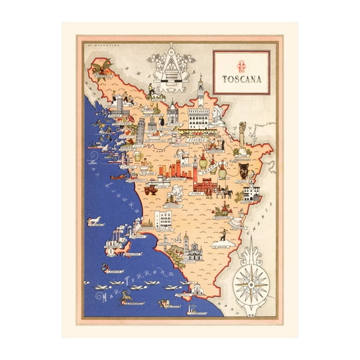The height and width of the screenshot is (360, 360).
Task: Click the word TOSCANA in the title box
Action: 241,79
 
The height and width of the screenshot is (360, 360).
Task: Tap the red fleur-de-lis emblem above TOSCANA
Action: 241,65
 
